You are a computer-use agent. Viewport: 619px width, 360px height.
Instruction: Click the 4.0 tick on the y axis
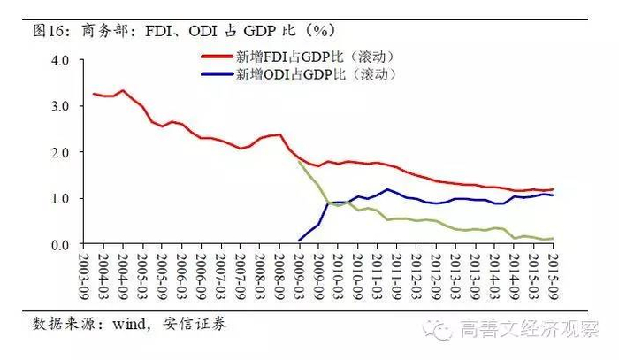(66, 60)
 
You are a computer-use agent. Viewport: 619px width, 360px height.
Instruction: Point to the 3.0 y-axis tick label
(66, 106)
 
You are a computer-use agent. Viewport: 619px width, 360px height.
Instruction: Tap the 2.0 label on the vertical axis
(66, 152)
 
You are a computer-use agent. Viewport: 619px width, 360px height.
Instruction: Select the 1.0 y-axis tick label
(66, 198)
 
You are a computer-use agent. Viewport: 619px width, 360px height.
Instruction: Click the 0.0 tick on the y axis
(66, 244)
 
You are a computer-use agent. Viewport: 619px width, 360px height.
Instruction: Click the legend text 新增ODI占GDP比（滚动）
(313, 73)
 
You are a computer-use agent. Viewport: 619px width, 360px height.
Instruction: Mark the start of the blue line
(299, 240)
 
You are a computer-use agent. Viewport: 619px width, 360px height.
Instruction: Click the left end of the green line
(299, 160)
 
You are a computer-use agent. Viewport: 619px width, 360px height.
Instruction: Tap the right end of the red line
(553, 189)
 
